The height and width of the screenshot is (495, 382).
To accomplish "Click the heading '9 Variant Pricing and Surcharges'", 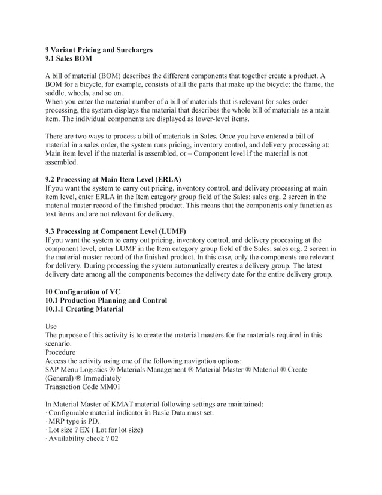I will tap(99, 50).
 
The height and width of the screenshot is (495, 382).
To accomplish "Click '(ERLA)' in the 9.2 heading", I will tap(168, 179).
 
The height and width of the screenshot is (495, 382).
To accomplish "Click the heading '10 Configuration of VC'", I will tap(87, 291).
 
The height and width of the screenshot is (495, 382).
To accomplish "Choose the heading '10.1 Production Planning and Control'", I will tap(107, 300).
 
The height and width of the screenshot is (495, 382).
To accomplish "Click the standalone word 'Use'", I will tap(53, 327).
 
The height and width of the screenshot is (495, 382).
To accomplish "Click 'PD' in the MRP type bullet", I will tap(99, 422).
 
